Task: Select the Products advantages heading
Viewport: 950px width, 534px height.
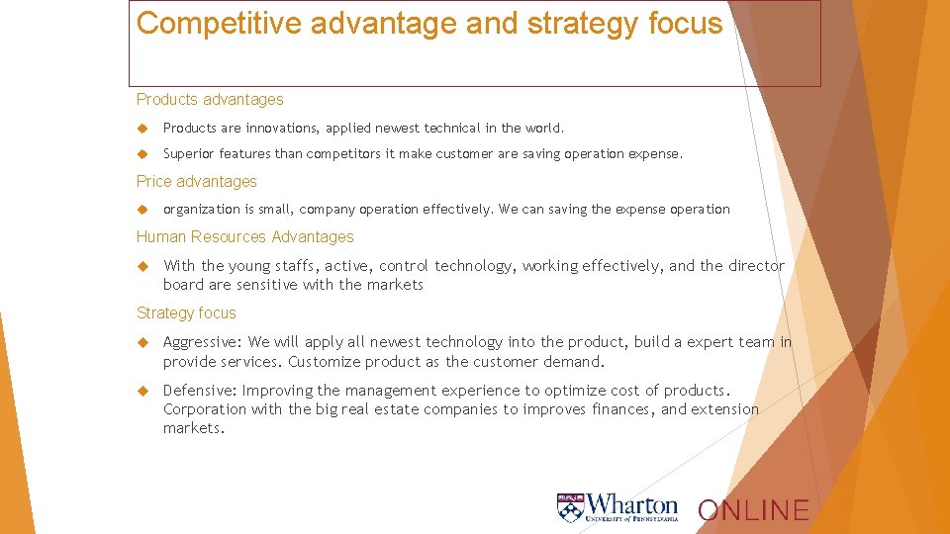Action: pos(210,100)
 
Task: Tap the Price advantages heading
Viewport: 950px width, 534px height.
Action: pos(196,182)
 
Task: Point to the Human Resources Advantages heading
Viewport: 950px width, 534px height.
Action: pos(244,237)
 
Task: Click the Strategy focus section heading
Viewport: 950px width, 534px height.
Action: pos(186,313)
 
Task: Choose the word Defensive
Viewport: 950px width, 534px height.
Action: pos(199,391)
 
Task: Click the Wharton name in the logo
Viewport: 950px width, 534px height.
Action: pos(632,504)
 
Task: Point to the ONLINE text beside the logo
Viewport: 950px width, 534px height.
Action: pos(753,510)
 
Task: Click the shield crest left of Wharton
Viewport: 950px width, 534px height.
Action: pos(570,507)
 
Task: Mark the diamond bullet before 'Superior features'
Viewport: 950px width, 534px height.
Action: pos(142,154)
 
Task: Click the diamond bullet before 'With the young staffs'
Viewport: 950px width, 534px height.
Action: pos(142,266)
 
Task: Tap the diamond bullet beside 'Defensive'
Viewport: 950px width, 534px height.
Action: pos(142,391)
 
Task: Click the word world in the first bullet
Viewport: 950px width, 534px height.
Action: pos(543,129)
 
